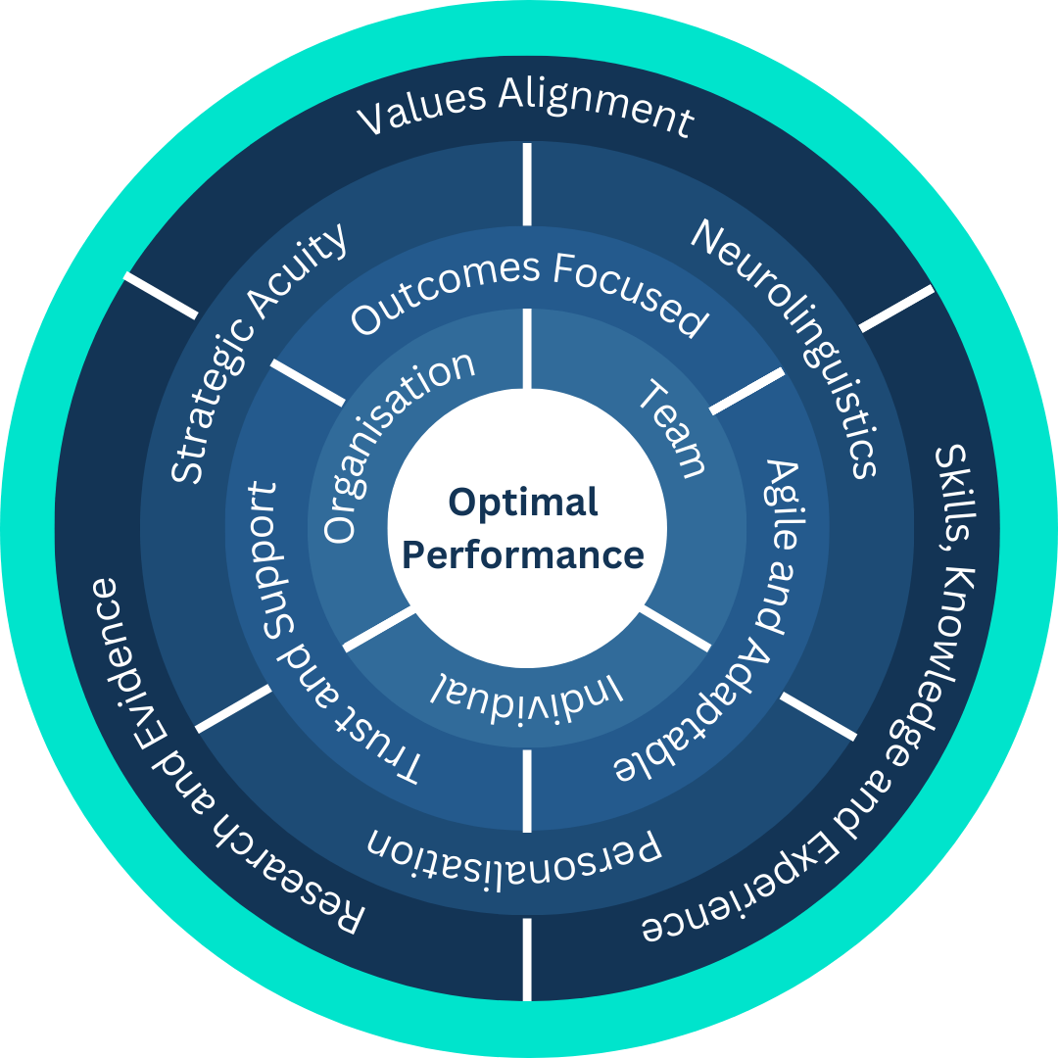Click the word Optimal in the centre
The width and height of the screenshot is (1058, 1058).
point(523,503)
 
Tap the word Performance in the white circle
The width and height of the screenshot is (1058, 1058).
point(523,554)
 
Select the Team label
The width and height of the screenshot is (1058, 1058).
point(673,429)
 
